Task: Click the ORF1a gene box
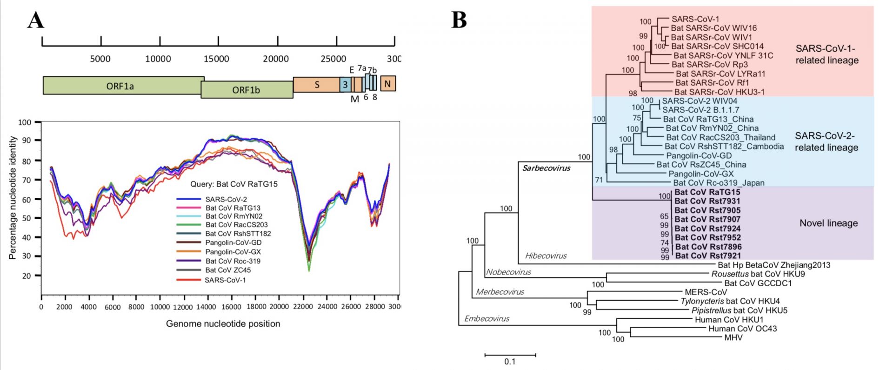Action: tap(123, 86)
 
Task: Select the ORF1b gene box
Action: tap(247, 89)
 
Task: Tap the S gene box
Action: tap(317, 85)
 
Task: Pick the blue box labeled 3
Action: tap(345, 85)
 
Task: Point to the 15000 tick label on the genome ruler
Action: tap(216, 59)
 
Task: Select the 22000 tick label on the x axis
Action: tap(303, 307)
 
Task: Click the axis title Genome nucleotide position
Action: tap(223, 323)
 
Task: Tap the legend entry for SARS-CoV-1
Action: tap(211, 280)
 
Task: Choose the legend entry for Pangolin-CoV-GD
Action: tap(219, 242)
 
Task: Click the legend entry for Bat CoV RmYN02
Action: tap(220, 216)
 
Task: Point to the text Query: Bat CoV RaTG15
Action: tap(234, 184)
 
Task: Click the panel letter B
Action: tap(459, 20)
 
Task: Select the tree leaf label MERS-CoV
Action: tap(706, 292)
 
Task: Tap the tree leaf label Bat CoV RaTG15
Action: tap(707, 192)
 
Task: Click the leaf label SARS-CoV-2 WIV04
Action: tap(700, 101)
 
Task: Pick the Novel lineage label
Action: tap(829, 223)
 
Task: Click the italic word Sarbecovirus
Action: tap(546, 168)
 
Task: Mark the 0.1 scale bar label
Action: tap(510, 362)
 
